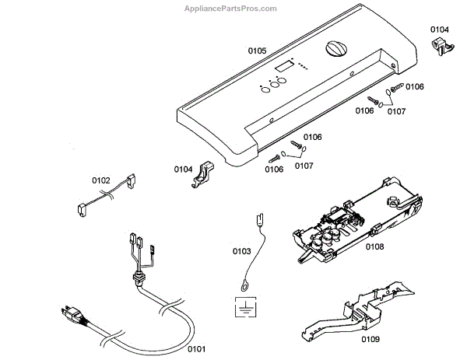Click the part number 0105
tap(257, 51)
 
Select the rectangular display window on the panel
tap(284, 68)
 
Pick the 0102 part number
tap(102, 180)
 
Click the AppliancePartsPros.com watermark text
tap(230, 9)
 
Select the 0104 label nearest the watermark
tap(440, 30)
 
